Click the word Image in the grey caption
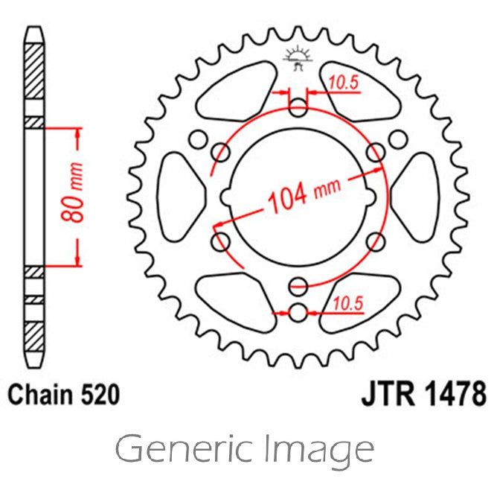[321, 449]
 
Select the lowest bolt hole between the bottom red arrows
[298, 311]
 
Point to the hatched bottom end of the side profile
[34, 328]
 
